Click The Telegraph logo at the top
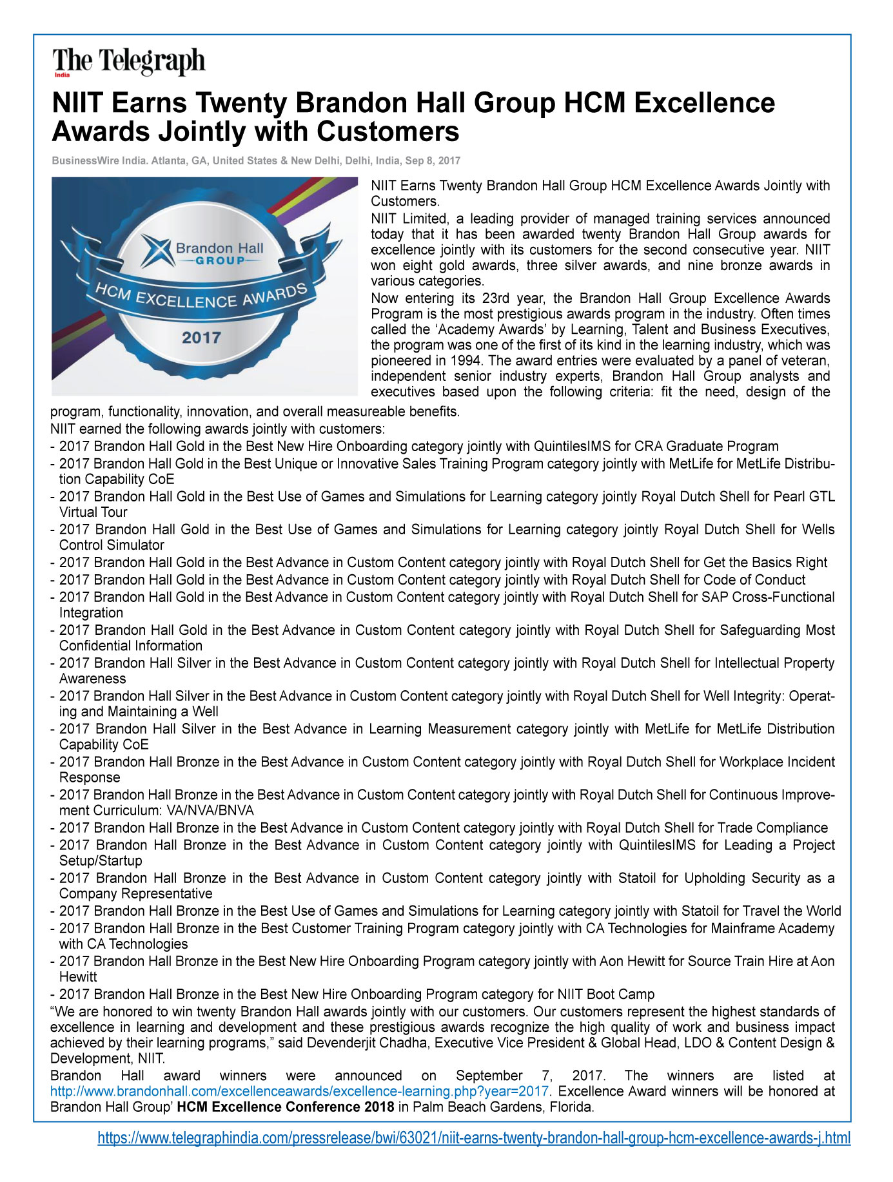pyautogui.click(x=129, y=62)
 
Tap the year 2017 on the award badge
pyautogui.click(x=201, y=338)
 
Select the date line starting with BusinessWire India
pyautogui.click(x=256, y=160)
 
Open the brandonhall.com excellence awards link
pyautogui.click(x=300, y=1091)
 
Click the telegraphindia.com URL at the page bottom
pyautogui.click(x=474, y=1138)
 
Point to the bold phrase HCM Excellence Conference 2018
pyautogui.click(x=286, y=1107)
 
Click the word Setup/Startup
pyautogui.click(x=101, y=861)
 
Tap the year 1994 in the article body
pyautogui.click(x=464, y=361)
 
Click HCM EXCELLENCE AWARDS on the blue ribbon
pyautogui.click(x=201, y=298)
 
